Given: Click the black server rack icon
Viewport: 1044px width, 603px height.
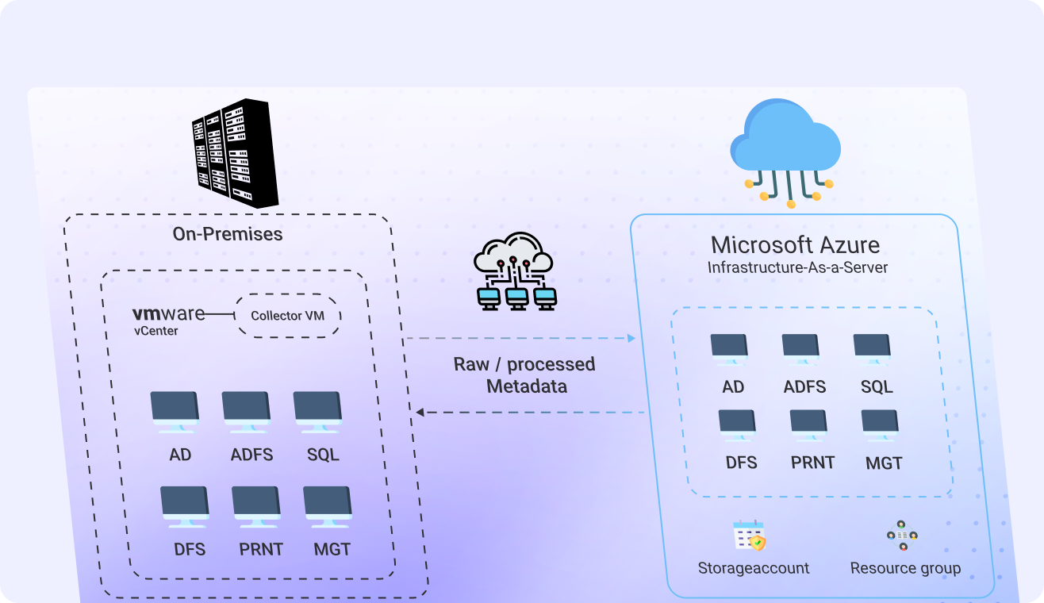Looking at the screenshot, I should pyautogui.click(x=234, y=153).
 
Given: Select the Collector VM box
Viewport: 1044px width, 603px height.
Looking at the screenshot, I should pyautogui.click(x=287, y=316).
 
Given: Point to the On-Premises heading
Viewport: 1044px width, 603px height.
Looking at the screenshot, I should pyautogui.click(x=228, y=234).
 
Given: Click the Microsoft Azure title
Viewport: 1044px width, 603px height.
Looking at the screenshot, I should pyautogui.click(x=795, y=244).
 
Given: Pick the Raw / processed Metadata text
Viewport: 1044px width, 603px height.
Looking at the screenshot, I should pyautogui.click(x=524, y=375).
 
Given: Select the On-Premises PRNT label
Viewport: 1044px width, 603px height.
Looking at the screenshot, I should pyautogui.click(x=261, y=549).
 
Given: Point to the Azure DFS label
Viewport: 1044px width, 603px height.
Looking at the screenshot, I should pyautogui.click(x=742, y=463).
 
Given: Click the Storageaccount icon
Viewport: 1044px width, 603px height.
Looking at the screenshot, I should pyautogui.click(x=749, y=536).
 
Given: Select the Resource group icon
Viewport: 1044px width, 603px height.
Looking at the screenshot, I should pyautogui.click(x=902, y=536).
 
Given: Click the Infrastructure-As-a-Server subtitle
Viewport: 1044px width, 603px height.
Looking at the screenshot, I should pyautogui.click(x=797, y=268).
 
